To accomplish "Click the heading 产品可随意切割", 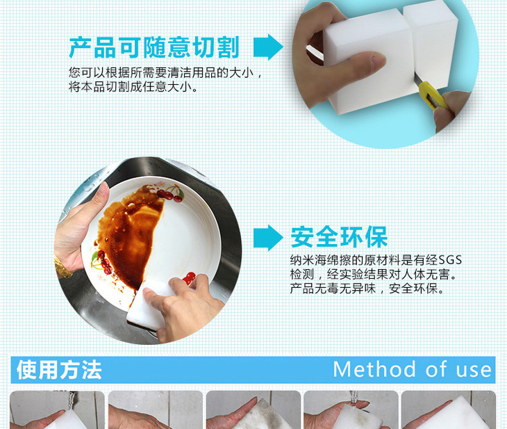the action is tap(154, 47).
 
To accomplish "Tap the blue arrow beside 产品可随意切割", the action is tap(268, 47).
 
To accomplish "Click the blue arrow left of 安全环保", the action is tap(268, 238).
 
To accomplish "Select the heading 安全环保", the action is tap(339, 237).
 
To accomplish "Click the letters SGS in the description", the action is tap(450, 260).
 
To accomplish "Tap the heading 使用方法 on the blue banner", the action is tap(59, 370).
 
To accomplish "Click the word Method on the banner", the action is tap(374, 369).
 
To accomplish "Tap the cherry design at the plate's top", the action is tap(170, 193).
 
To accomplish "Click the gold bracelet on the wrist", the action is tap(63, 268).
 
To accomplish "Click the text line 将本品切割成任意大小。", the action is tap(133, 87).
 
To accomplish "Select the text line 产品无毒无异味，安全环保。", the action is tap(367, 288).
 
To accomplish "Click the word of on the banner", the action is tap(435, 369).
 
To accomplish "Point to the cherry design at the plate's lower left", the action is tap(103, 261).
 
